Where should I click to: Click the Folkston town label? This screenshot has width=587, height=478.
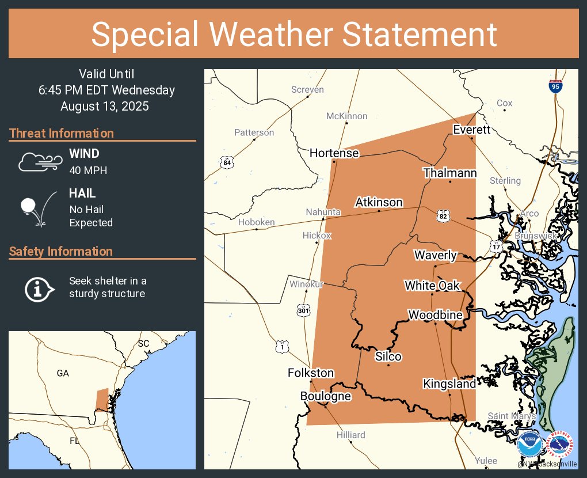tap(311, 373)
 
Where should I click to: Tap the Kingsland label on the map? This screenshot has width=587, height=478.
tap(449, 384)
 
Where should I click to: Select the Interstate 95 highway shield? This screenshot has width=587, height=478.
tap(555, 86)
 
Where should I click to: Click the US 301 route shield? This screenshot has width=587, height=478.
tap(304, 310)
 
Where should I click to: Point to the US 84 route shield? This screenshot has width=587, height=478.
tap(227, 163)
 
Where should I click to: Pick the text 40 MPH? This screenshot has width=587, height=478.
tap(88, 170)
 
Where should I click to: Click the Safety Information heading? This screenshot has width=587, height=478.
tap(61, 251)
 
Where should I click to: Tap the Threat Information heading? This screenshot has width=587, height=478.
tap(62, 133)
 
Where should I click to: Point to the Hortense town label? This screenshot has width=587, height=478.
tap(334, 153)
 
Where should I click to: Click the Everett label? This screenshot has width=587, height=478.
tap(471, 129)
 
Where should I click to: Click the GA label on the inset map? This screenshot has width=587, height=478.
tap(63, 373)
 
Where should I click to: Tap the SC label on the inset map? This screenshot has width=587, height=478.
tap(143, 343)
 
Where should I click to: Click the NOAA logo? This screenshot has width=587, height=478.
tap(529, 445)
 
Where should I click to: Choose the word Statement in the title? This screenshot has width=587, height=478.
tap(420, 35)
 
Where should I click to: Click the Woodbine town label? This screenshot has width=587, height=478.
tap(435, 315)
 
